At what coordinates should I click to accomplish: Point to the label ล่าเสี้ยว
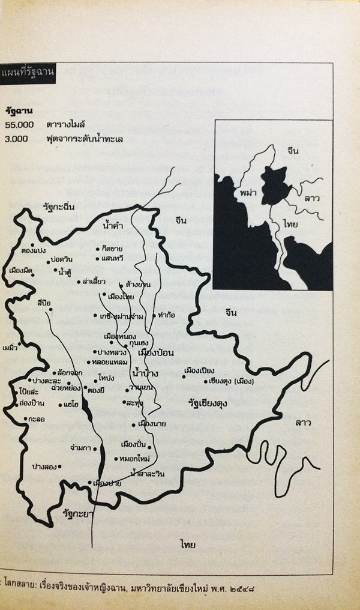(95, 281)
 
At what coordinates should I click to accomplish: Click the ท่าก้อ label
(164, 315)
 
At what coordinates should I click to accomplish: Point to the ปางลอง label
(46, 465)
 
